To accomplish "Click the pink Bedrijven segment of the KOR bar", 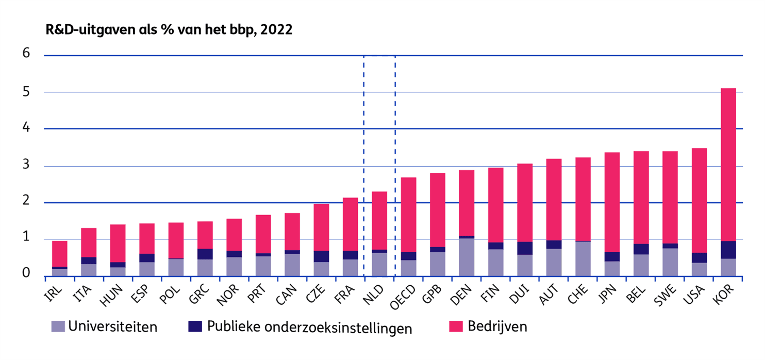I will [727, 165].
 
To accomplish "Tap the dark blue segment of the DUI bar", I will [525, 248].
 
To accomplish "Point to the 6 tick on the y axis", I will [26, 54].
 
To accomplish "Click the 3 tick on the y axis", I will [26, 166].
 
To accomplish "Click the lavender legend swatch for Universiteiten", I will [58, 326].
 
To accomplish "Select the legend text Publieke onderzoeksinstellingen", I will [309, 327].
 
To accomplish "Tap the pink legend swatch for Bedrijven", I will [456, 326].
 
